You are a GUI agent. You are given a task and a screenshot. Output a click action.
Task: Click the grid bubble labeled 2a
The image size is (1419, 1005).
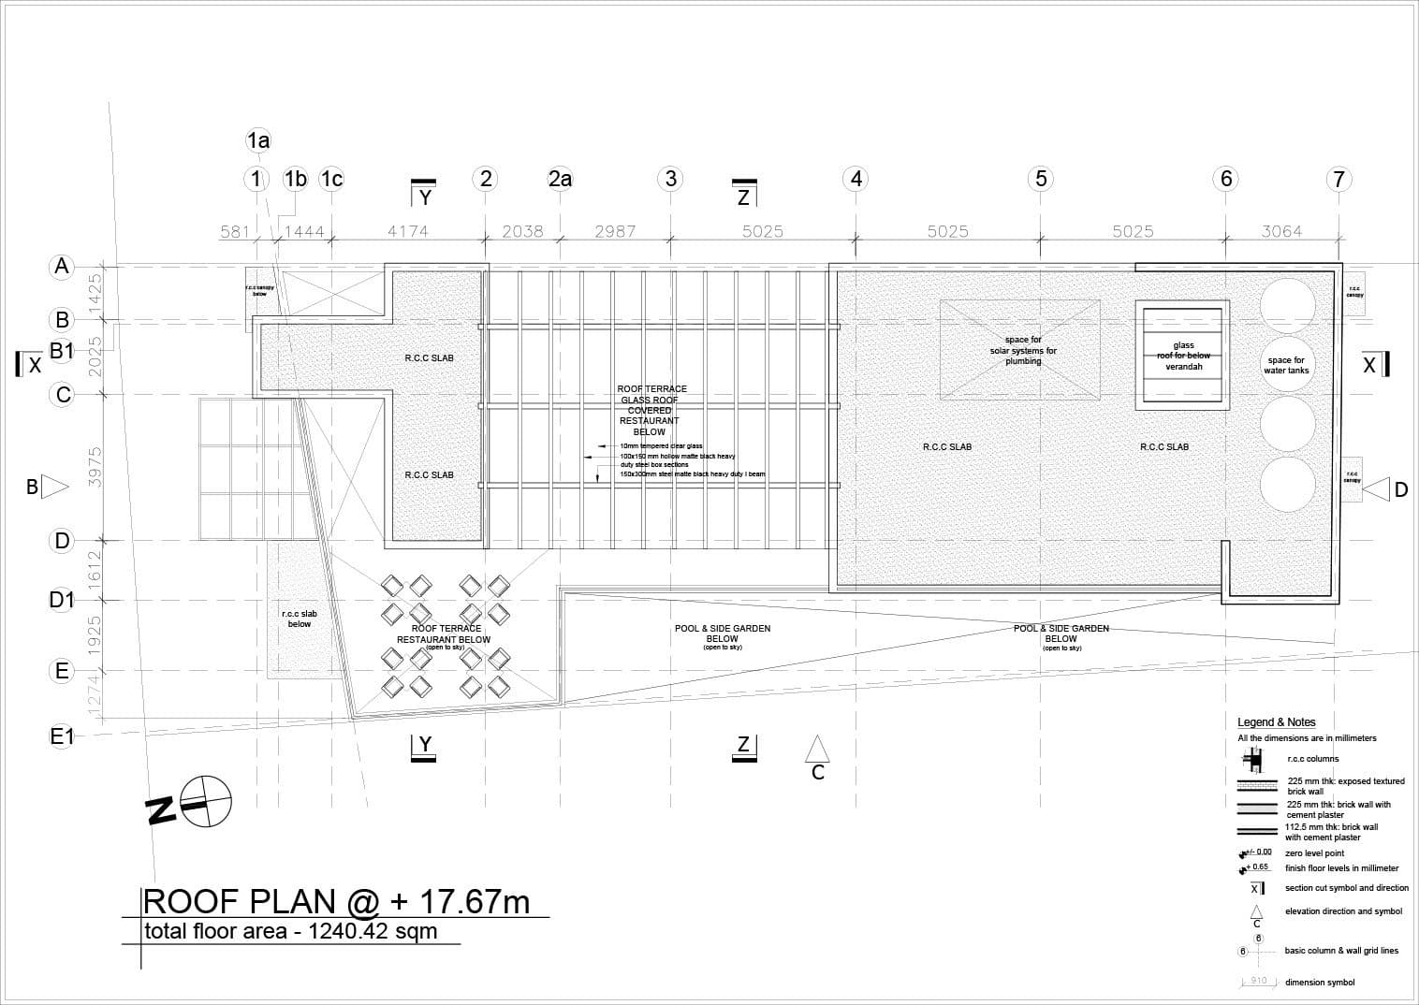(560, 179)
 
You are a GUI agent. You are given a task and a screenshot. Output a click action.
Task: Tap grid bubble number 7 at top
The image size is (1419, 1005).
(1339, 179)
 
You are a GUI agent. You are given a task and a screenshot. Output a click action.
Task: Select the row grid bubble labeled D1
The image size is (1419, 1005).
(62, 600)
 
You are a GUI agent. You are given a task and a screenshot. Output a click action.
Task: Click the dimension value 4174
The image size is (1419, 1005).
(408, 231)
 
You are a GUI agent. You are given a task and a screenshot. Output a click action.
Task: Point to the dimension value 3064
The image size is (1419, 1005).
(1281, 231)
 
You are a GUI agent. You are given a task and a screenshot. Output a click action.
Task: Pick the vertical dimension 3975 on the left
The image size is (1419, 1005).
(94, 465)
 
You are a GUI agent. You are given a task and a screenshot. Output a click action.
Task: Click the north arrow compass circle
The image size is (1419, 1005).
(206, 801)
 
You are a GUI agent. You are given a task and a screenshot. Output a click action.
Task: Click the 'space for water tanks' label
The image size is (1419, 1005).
(1286, 365)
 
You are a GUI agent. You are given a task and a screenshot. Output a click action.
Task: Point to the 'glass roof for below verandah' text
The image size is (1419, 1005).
(1183, 357)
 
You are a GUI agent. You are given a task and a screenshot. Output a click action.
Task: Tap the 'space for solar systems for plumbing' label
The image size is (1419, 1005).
(1023, 350)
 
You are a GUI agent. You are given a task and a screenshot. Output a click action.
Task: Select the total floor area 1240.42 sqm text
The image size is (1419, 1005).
(290, 932)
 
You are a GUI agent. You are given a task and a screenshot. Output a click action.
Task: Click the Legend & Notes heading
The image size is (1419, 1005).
(1276, 722)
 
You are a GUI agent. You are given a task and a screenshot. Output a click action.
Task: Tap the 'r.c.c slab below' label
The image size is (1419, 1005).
(300, 619)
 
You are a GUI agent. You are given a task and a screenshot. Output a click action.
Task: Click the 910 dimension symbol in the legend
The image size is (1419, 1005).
(1259, 982)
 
